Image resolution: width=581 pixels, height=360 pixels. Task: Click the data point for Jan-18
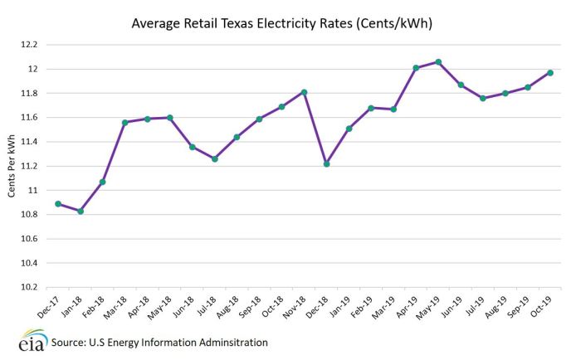tap(81, 212)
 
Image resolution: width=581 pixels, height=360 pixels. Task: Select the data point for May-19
tap(438, 62)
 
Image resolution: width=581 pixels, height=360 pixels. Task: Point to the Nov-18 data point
tap(304, 92)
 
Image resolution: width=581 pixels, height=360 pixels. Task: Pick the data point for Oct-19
tap(550, 73)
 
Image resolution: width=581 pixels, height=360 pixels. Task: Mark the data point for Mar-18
tap(125, 123)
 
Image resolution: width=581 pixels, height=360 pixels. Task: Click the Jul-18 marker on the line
tap(214, 158)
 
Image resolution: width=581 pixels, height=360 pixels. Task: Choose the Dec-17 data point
tap(58, 204)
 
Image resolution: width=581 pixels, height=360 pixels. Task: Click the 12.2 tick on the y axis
tap(32, 45)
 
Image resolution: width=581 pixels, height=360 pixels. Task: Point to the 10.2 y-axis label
tap(32, 287)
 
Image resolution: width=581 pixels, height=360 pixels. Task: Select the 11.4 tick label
tap(32, 142)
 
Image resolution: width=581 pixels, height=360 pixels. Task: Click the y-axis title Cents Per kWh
tap(11, 166)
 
